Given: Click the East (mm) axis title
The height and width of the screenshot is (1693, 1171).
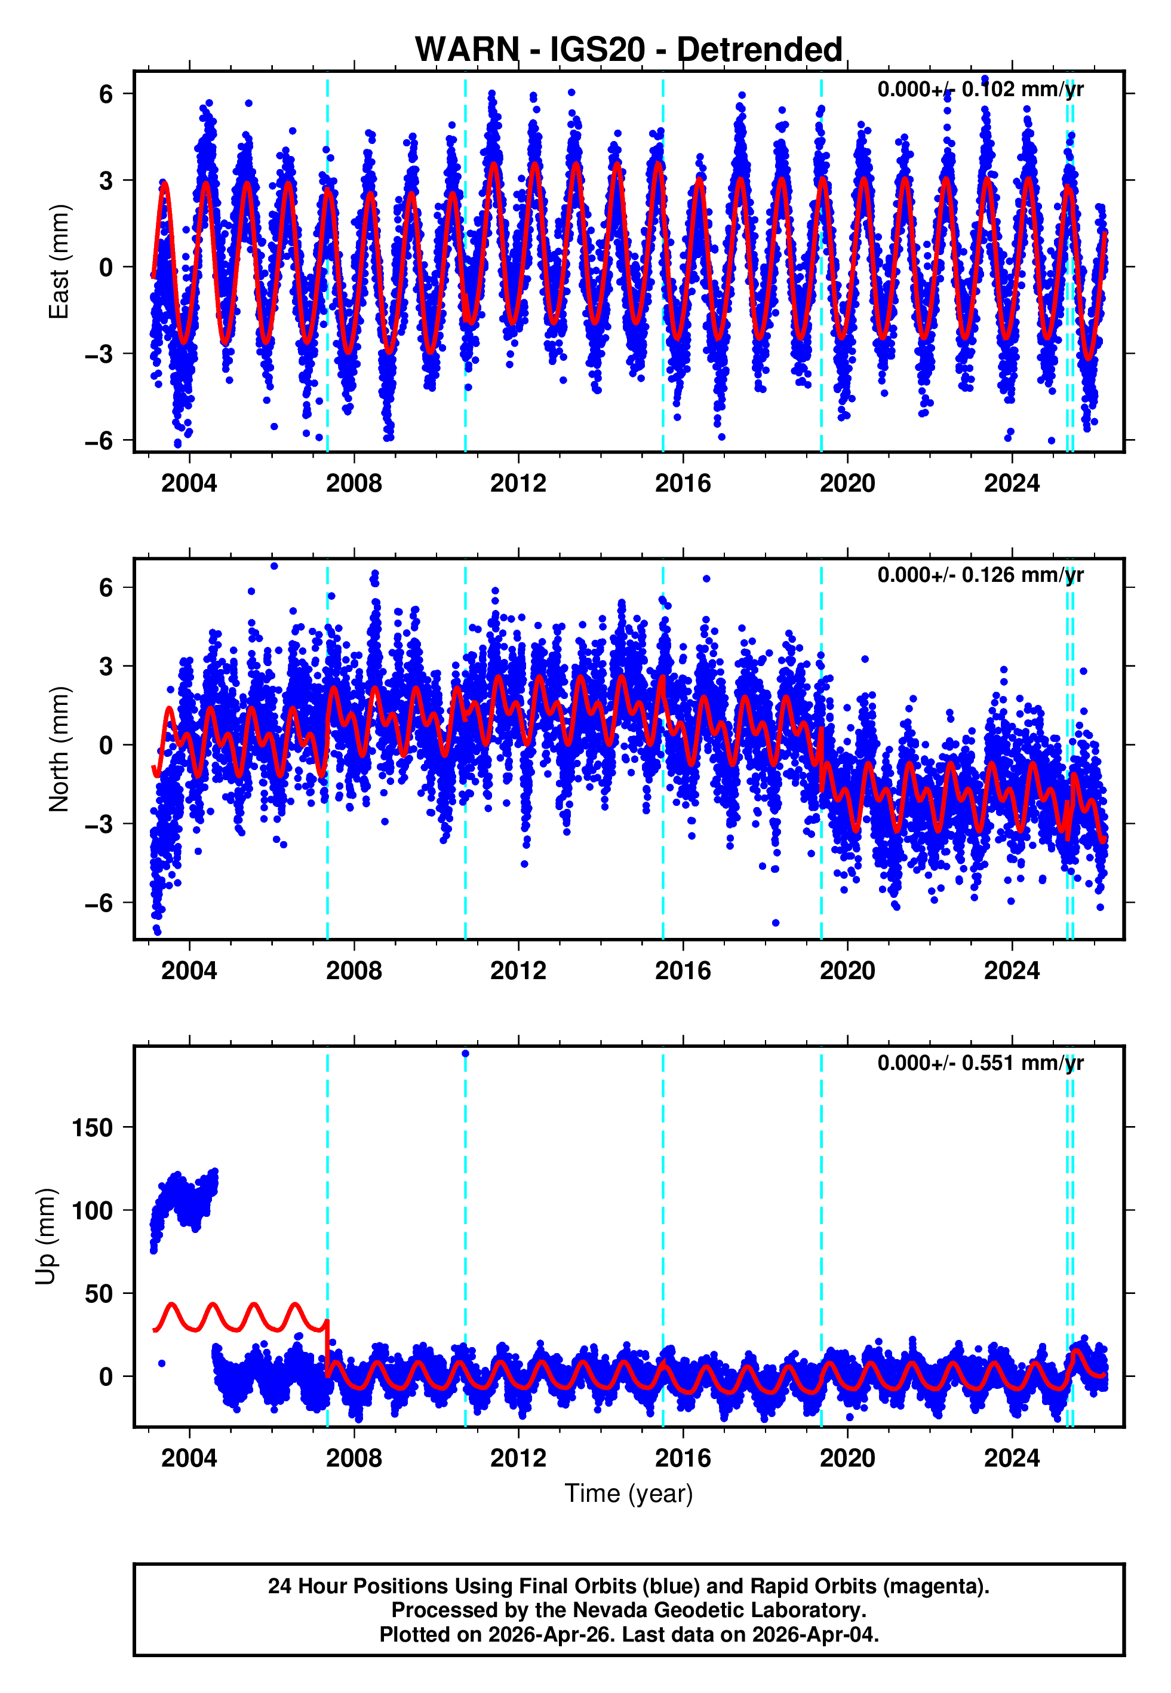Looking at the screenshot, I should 59,262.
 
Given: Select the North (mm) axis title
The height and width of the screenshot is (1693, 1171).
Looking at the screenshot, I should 59,749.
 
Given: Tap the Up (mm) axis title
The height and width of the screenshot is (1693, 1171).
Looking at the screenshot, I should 45,1237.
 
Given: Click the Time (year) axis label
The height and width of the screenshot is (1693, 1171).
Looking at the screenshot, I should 628,1494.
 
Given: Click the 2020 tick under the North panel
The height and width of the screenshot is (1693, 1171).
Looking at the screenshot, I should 847,971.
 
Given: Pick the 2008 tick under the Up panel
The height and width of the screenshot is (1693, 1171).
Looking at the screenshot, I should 354,1458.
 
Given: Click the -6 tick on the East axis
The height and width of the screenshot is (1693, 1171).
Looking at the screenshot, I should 99,441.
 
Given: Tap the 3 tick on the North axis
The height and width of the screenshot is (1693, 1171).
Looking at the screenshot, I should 106,666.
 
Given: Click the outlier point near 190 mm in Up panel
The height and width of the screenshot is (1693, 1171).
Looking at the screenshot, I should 465,1054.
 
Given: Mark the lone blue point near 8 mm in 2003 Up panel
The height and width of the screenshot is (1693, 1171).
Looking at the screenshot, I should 161,1363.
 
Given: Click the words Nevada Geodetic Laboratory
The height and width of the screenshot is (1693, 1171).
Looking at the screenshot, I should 719,1611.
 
